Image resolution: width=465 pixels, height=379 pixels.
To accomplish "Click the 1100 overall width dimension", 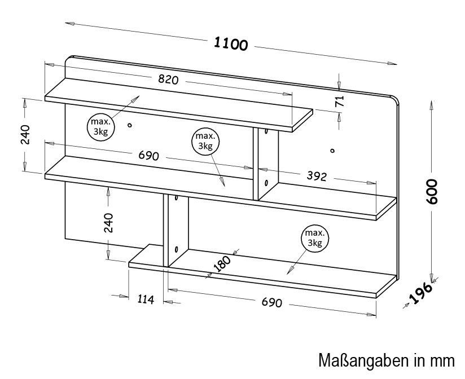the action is (x=230, y=44).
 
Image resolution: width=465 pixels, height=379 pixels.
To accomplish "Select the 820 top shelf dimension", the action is (x=168, y=80).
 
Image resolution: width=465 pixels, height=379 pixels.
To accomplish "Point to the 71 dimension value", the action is (x=339, y=101).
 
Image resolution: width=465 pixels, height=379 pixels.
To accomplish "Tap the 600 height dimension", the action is (x=432, y=191).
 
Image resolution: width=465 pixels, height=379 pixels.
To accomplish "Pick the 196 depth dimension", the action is (x=421, y=293).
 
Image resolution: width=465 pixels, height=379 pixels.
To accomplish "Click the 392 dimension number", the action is (x=317, y=176).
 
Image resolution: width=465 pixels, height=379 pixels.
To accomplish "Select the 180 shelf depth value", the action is (x=222, y=263).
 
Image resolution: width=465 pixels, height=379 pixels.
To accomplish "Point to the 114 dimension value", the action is (x=146, y=299).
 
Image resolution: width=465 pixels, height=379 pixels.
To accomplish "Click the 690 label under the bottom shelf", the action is (x=271, y=302).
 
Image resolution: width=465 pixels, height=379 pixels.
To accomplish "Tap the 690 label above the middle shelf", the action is (x=149, y=155).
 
